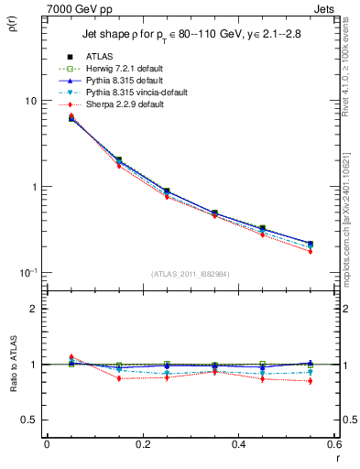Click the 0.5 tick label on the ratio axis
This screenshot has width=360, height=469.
[29, 420]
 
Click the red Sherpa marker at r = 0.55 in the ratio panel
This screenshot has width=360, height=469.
[311, 381]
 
